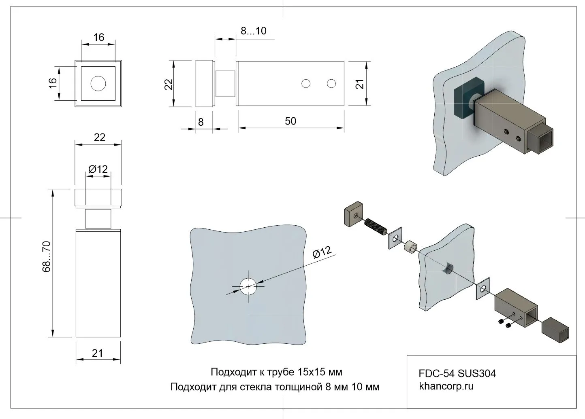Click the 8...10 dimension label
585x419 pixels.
(254, 31)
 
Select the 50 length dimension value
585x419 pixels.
(290, 121)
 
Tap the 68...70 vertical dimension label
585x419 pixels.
(47, 256)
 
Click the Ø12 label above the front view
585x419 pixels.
(98, 169)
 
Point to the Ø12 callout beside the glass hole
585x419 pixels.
(322, 252)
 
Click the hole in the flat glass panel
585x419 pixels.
(248, 287)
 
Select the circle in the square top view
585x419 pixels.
(98, 84)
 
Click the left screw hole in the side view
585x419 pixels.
(306, 84)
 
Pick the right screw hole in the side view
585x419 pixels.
(331, 84)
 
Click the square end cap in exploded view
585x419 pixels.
(556, 329)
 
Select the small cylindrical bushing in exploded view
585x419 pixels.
(410, 246)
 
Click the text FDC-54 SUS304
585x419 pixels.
(457, 373)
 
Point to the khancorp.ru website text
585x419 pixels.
(446, 386)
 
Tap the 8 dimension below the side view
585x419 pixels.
(201, 122)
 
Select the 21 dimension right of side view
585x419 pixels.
(360, 84)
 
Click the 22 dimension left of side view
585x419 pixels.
(169, 84)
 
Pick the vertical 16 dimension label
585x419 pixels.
(53, 83)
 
